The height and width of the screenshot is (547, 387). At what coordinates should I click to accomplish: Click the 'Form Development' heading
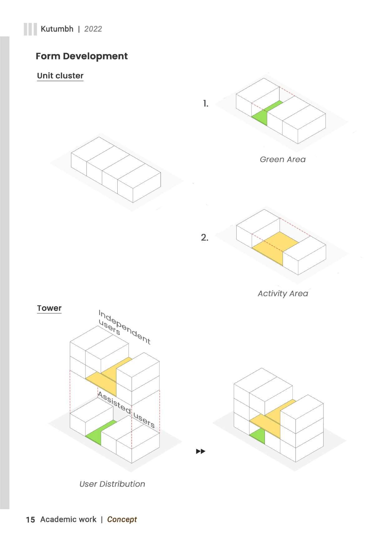81,56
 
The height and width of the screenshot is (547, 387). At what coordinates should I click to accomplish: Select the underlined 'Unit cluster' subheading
60,76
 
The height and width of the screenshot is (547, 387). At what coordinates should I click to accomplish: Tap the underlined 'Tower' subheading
49,308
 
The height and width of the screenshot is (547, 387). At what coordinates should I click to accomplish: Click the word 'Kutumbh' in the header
57,29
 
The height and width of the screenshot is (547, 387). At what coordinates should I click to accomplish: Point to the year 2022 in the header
93,29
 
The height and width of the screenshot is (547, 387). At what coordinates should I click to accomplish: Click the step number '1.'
205,104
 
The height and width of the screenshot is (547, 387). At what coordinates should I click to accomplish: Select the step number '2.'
205,238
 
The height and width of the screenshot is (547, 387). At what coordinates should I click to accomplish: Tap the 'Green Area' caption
282,159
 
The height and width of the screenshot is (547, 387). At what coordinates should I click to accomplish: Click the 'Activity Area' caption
283,294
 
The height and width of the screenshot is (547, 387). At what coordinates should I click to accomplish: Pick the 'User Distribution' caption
112,484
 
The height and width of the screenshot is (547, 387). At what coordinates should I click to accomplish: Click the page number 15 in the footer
30,520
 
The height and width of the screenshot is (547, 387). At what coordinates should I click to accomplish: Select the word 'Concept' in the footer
122,520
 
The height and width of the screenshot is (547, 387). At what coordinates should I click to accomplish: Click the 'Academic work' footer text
68,520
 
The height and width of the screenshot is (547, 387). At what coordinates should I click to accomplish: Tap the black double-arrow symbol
201,452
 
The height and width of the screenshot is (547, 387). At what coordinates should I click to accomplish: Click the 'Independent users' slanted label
123,327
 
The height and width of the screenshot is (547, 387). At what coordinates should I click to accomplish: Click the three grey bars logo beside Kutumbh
30,29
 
